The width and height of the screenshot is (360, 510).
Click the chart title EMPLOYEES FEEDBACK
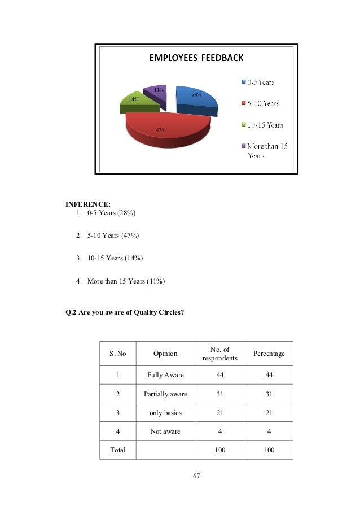[x=195, y=58]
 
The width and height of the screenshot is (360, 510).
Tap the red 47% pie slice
[x=166, y=127]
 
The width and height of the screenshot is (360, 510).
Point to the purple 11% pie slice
[x=156, y=94]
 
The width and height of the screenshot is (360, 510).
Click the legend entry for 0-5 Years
[x=258, y=82]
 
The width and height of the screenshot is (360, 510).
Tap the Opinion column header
[x=165, y=354]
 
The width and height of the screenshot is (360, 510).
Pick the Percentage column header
[x=269, y=354]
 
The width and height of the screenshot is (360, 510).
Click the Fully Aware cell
[x=165, y=374]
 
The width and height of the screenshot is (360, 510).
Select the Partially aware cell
[x=165, y=394]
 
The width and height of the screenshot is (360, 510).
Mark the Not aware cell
[x=165, y=431]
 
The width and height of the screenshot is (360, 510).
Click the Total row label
[x=117, y=450]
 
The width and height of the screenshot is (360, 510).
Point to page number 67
[x=196, y=477]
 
